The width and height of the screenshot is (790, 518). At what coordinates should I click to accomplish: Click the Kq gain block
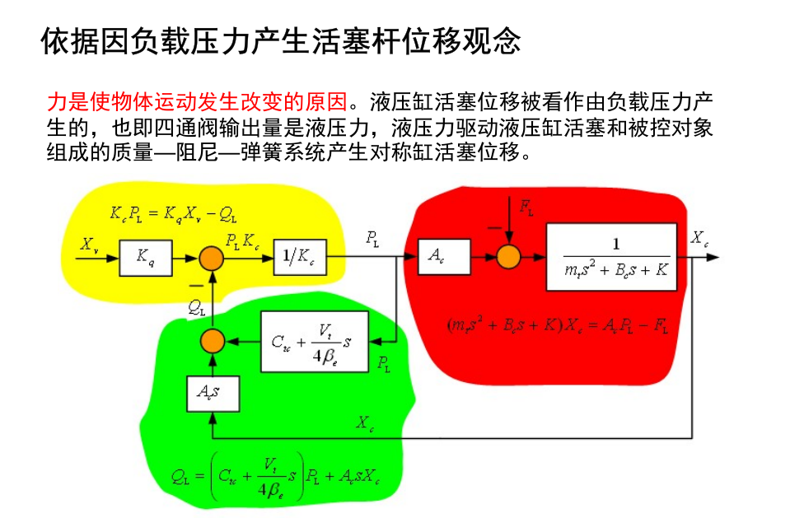coord(145,258)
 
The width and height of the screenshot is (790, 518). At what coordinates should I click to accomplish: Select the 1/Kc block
coord(299,258)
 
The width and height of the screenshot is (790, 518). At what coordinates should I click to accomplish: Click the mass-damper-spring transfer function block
coord(611,257)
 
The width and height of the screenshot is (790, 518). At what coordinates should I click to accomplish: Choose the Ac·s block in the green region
coord(212,393)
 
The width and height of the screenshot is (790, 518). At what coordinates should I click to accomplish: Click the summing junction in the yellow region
coord(213,258)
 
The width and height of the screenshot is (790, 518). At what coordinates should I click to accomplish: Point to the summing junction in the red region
coord(509,258)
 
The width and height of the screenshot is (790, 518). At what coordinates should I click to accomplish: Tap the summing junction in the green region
coord(213,340)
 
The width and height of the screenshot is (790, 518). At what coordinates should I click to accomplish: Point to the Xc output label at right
coord(699,239)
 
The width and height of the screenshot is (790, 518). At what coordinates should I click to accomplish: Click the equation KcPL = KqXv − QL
coord(173,213)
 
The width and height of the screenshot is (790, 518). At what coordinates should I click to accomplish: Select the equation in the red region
coord(557,325)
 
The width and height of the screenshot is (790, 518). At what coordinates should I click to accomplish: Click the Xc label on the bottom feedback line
coord(366,423)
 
